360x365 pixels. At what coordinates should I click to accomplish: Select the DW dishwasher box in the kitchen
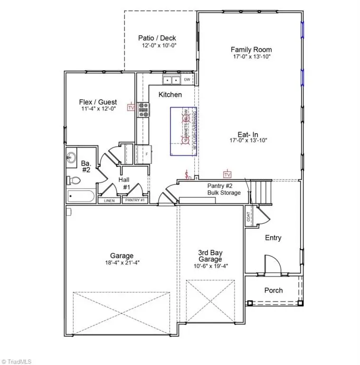pyautogui.click(x=187, y=79)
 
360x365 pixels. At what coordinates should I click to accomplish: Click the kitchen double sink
pyautogui.click(x=171, y=80)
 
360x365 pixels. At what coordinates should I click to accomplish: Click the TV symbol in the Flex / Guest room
pyautogui.click(x=131, y=108)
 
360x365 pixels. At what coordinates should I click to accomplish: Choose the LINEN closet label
pyautogui.click(x=110, y=201)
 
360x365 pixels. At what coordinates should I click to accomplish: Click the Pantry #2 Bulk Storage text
pyautogui.click(x=223, y=189)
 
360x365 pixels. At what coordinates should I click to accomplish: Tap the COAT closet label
pyautogui.click(x=249, y=216)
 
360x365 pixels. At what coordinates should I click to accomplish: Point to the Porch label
pyautogui.click(x=273, y=290)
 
